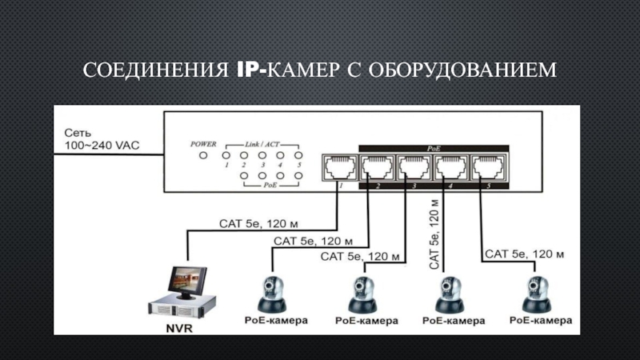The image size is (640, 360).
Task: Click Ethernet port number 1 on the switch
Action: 337,167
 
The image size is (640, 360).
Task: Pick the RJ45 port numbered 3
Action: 413,167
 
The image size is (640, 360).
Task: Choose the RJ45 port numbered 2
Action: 374,167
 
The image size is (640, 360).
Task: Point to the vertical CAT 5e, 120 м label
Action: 434,233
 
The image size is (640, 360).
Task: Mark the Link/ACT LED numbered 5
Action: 298,154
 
